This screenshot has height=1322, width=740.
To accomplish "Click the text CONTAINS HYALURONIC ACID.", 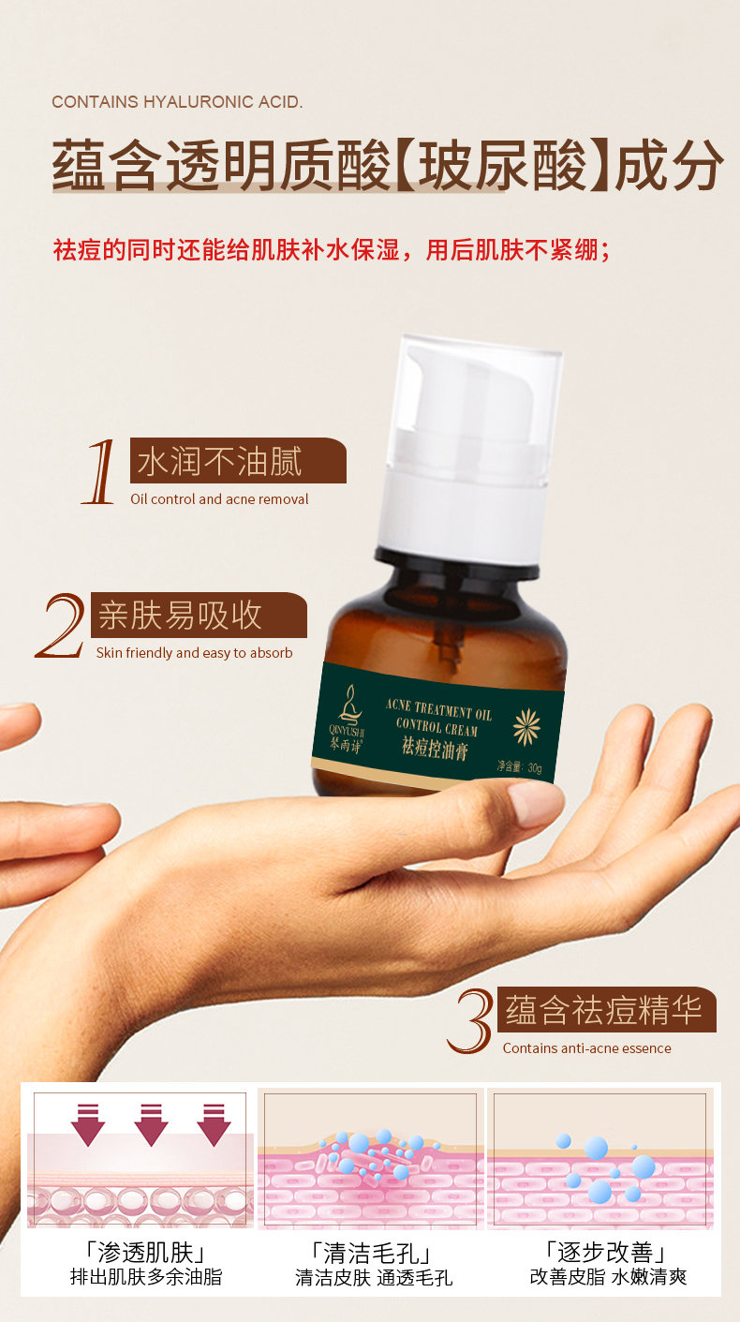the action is tap(177, 102).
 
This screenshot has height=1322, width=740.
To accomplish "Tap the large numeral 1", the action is tap(99, 471).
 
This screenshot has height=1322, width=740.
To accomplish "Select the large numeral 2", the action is tap(61, 626).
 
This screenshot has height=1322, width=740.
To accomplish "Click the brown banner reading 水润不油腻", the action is tap(238, 460).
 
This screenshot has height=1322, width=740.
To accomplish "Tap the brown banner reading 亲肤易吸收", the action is tap(199, 615).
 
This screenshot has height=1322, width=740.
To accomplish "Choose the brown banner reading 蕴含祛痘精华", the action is tap(607, 1010).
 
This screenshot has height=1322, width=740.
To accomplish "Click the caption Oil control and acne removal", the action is tap(219, 499).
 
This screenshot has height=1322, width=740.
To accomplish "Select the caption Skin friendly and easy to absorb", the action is tap(194, 653).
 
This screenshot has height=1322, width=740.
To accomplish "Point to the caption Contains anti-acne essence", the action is tap(586, 1048).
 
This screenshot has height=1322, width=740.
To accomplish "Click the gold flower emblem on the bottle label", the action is tap(526, 726).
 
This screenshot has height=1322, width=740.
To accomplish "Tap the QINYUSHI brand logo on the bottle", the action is tap(348, 719).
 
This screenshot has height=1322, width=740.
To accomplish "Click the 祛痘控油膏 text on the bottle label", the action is tap(435, 749).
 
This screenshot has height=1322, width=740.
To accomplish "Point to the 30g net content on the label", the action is tap(519, 766).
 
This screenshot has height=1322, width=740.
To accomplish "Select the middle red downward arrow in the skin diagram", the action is tap(151, 1124).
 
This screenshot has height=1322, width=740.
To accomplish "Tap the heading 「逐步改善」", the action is tap(606, 1252).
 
